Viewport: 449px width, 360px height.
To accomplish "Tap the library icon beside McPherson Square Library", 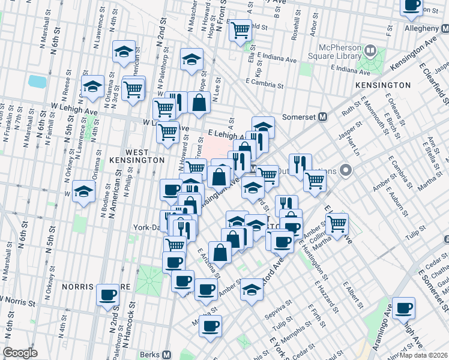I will coord(370,50).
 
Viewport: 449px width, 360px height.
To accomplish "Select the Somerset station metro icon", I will coord(322,117).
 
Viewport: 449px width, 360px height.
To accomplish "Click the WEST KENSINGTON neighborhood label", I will coord(137,160).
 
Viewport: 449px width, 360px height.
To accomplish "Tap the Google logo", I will coord(20,353).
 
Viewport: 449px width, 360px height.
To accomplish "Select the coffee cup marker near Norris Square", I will coord(108,295).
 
